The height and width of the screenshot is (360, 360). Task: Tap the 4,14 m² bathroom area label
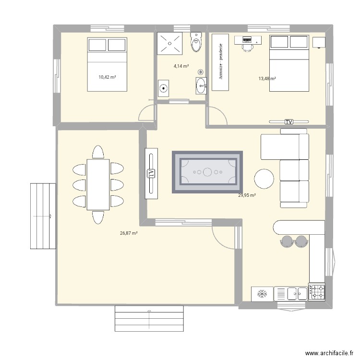[x=181, y=66]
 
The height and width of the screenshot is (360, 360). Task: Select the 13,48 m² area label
[x=267, y=79]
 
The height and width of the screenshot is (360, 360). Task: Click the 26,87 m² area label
[x=129, y=233]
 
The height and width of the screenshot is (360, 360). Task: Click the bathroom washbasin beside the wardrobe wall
[x=201, y=86]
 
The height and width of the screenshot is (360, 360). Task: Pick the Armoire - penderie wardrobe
[x=220, y=61]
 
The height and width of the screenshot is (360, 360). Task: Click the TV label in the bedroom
[x=288, y=122]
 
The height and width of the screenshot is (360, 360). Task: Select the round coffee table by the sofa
[x=264, y=179]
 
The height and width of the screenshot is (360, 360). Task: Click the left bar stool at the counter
[x=287, y=241]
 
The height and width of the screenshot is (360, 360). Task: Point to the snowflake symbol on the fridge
[x=262, y=294]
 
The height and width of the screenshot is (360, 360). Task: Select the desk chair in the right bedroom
[x=247, y=47]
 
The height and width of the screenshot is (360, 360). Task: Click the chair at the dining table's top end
[x=98, y=152]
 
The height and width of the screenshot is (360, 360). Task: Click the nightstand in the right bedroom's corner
[x=318, y=42]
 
